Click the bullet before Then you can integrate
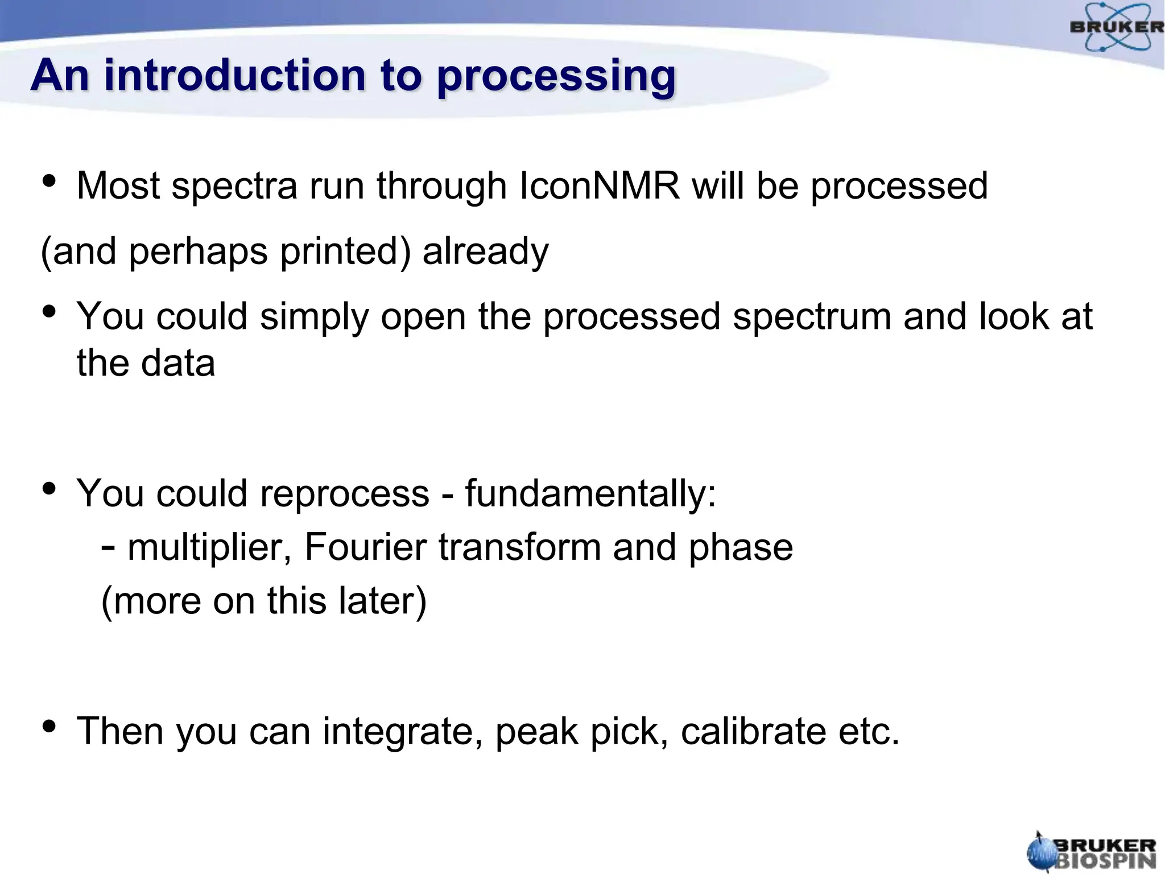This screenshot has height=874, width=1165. pos(49,726)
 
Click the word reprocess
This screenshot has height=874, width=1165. pos(344,494)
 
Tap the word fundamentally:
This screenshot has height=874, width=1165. pos(590,493)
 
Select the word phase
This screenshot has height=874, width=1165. pos(741,547)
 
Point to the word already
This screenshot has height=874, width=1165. pos(485,251)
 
